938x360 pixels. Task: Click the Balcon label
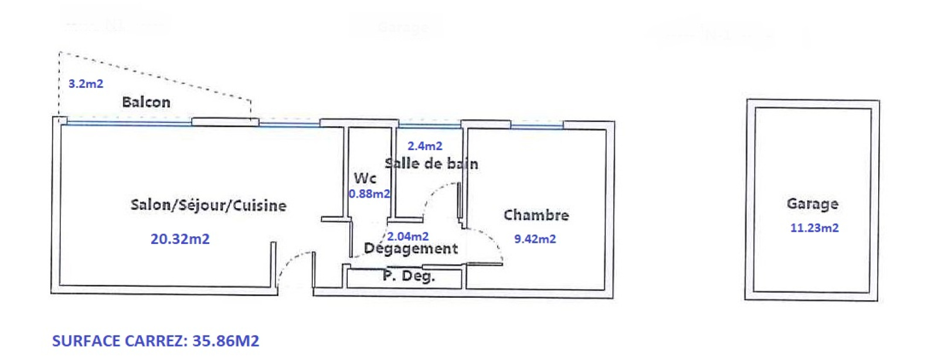(x=146, y=102)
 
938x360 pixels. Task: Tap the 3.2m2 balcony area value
(x=86, y=84)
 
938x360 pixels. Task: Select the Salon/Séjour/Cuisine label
(x=208, y=205)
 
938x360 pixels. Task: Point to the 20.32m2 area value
(x=180, y=239)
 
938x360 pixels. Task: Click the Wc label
(x=365, y=178)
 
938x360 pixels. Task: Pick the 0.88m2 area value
(x=369, y=194)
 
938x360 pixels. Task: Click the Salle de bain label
(x=431, y=164)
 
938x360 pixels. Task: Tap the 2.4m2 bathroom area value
(x=425, y=146)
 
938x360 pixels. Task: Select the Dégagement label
(x=410, y=249)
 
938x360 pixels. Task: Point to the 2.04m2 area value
(x=408, y=236)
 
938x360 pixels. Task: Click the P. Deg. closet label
(x=409, y=276)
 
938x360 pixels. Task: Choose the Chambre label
(x=536, y=215)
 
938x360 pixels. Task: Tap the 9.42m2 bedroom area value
(x=535, y=239)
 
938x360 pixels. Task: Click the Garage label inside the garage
(x=812, y=203)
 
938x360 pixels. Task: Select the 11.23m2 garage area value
(x=814, y=228)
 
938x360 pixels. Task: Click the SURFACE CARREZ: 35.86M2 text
(x=155, y=341)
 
